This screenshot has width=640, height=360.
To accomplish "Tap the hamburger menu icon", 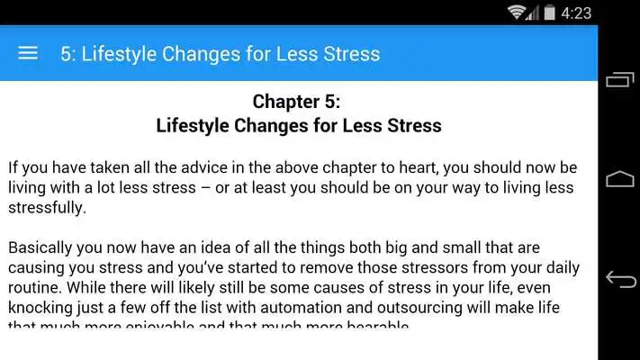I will pos(28,53).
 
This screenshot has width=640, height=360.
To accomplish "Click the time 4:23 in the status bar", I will pos(575,13).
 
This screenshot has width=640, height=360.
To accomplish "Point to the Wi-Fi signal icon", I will pos(517,13).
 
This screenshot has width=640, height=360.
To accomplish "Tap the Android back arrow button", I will pos(620,279).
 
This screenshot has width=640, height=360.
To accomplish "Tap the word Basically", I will pos(41,247).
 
